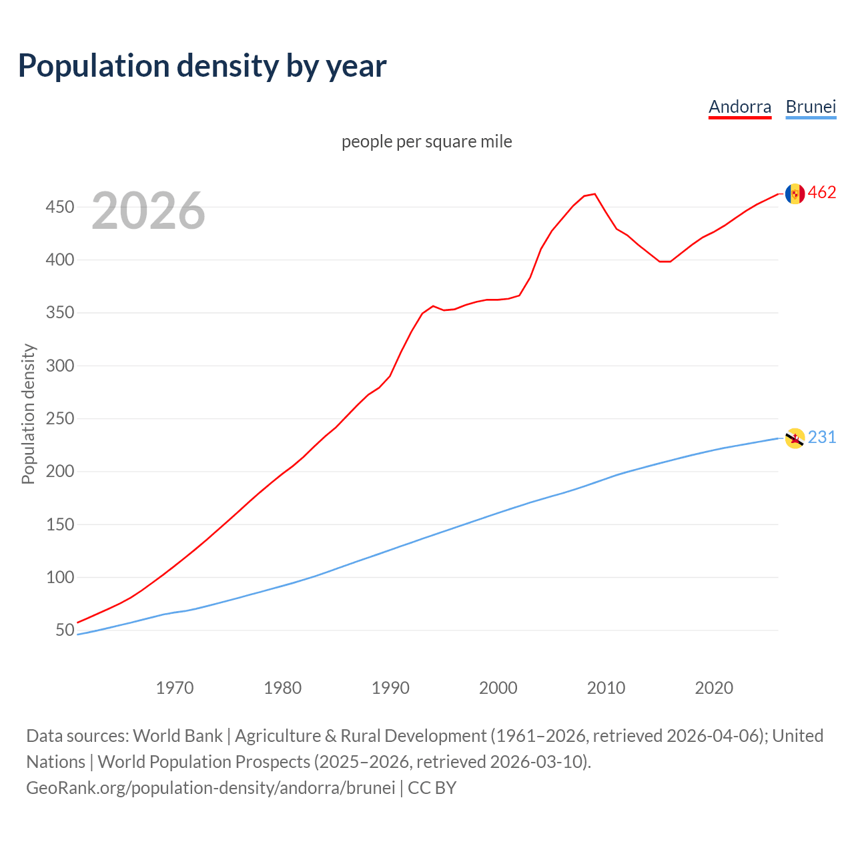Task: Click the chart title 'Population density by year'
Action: click(202, 65)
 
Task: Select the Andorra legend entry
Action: click(739, 107)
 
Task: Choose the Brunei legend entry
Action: click(811, 107)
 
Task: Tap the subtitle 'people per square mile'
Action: click(426, 141)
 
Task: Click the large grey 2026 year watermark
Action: click(148, 211)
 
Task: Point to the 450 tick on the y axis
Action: click(59, 207)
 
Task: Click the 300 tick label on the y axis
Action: click(59, 366)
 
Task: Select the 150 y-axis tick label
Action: click(59, 524)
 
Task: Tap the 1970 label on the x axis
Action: click(175, 687)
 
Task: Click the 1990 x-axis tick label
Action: click(390, 687)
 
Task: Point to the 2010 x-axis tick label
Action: click(606, 687)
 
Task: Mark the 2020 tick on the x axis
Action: click(714, 687)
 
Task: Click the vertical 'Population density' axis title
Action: click(28, 414)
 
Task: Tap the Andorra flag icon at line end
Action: click(795, 193)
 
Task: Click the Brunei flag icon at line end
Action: click(795, 438)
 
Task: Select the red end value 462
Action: click(822, 193)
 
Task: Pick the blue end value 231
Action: click(822, 437)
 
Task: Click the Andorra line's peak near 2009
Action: click(594, 194)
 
